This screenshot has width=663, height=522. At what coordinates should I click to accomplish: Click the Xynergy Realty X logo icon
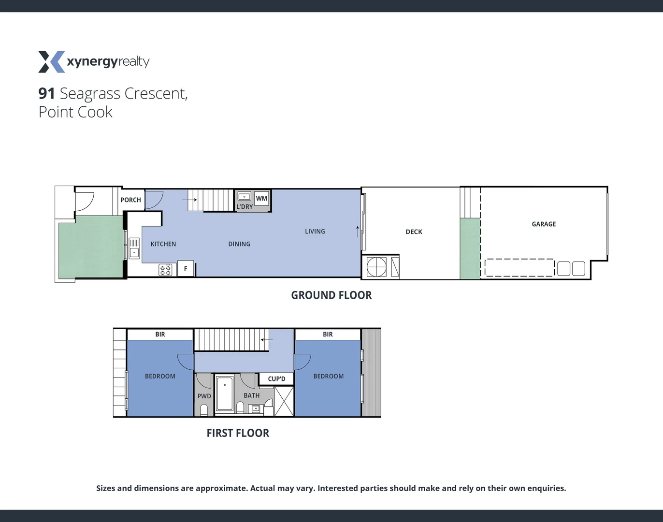(51, 62)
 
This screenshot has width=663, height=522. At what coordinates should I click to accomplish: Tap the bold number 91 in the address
(46, 93)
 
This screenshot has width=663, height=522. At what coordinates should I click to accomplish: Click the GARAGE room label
(544, 224)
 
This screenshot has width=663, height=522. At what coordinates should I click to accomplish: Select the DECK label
(414, 232)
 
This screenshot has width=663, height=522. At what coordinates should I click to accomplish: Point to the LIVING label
(315, 232)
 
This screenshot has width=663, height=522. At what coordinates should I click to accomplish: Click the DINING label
(239, 244)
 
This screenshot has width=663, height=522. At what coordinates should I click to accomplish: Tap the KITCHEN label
(163, 244)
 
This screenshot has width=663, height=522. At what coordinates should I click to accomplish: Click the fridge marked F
(186, 269)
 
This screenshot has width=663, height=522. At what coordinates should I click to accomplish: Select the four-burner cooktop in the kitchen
(165, 270)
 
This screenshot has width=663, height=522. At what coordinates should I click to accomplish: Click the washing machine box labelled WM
(261, 198)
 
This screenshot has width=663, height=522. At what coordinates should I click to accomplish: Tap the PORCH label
(130, 200)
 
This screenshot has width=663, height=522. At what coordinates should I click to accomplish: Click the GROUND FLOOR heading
(331, 295)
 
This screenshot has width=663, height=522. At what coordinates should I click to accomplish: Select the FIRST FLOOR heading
(238, 434)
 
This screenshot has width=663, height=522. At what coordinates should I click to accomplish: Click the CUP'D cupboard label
(276, 379)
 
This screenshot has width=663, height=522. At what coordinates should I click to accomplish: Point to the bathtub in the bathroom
(225, 394)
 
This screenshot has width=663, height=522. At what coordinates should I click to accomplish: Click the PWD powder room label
(204, 396)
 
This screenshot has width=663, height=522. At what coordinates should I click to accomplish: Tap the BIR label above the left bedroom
(160, 334)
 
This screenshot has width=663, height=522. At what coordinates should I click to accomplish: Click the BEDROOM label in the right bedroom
(329, 377)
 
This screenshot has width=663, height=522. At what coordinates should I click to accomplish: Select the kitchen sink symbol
(134, 252)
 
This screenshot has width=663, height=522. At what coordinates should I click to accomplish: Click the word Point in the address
(56, 112)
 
